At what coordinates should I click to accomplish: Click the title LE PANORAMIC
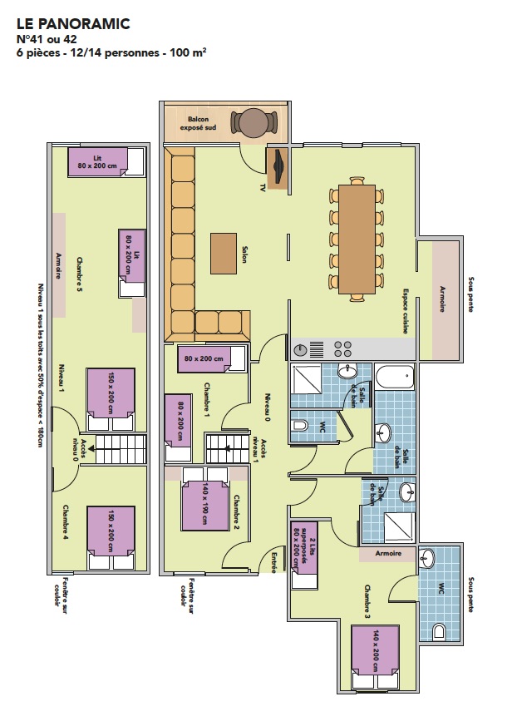point(73,23)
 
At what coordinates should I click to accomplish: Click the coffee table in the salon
point(224,254)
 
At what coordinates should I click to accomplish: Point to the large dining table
point(357,239)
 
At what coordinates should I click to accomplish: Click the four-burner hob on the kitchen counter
point(343,348)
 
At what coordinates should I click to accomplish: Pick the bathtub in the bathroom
point(395,378)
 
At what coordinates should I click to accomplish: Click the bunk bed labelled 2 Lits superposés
point(303,555)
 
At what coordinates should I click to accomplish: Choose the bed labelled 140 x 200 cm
point(375,656)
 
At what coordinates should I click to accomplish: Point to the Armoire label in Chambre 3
point(388,553)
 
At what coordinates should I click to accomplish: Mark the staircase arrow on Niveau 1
point(91,448)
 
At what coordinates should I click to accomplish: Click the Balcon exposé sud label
point(198,123)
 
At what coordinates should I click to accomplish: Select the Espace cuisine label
point(406,311)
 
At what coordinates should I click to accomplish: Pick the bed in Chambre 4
point(111,537)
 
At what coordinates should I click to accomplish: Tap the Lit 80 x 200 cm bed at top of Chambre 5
point(106,161)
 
